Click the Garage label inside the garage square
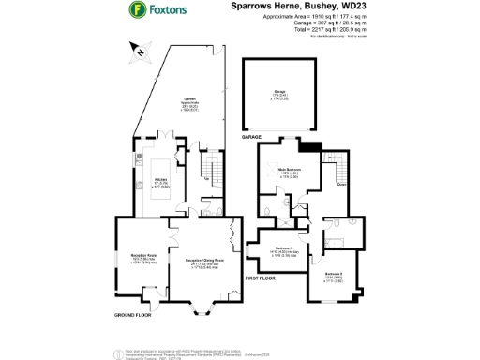pos(278,93)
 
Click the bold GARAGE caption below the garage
pos(251,137)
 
